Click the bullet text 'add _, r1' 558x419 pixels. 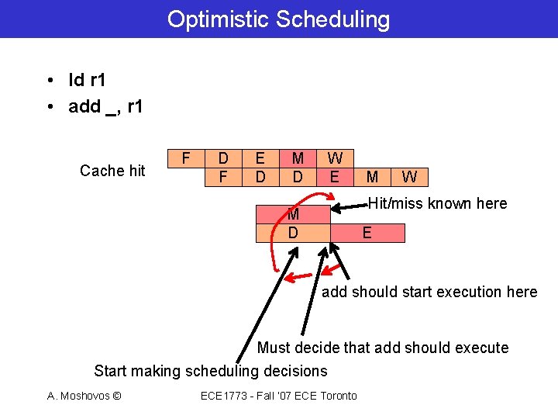[x=105, y=107]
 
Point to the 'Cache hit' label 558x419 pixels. [x=112, y=171]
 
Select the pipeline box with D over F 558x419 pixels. [x=223, y=168]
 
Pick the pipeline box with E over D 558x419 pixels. [x=260, y=168]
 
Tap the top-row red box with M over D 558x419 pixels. [x=298, y=168]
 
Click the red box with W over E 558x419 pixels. [x=335, y=168]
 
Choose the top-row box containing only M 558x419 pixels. [x=372, y=178]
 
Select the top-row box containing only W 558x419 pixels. [x=409, y=178]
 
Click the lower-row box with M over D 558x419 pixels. [x=293, y=223]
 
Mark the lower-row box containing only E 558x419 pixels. [x=367, y=233]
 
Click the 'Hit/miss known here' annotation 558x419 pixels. [x=437, y=204]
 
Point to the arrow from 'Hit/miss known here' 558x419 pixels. [x=350, y=207]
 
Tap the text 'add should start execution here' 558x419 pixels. [x=429, y=292]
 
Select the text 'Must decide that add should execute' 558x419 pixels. [x=383, y=348]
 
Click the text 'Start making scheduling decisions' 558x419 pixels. [x=211, y=371]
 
